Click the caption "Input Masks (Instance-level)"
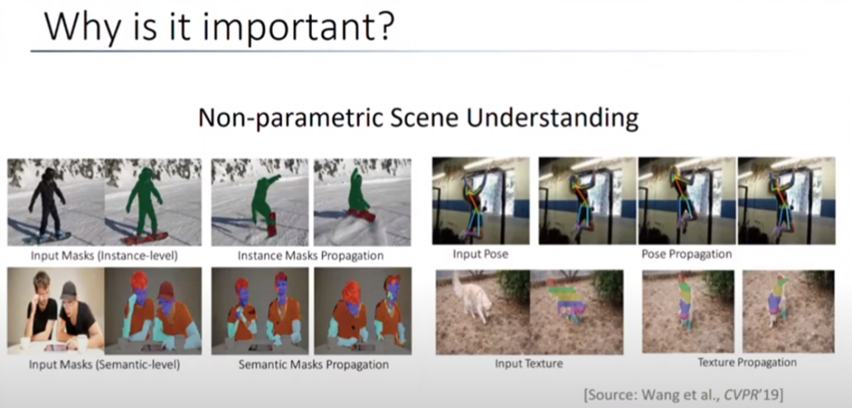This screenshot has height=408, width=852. (104, 255)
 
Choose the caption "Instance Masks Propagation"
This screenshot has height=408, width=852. (310, 255)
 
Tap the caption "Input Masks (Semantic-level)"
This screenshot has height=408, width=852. (104, 364)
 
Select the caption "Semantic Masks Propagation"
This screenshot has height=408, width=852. (314, 364)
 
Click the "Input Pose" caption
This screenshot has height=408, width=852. (480, 254)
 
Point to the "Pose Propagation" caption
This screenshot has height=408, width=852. (686, 254)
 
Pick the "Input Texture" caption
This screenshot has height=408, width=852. (528, 363)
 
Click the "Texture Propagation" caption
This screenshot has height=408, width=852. (747, 362)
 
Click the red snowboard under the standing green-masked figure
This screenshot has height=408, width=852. (145, 238)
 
